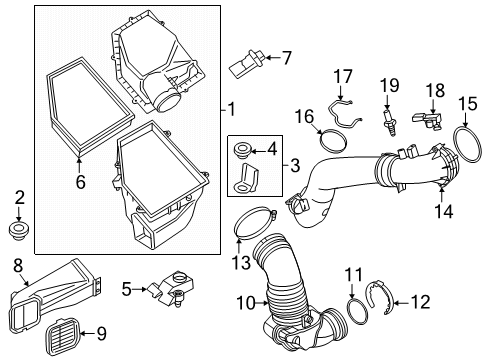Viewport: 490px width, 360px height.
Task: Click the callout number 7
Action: tap(287, 58)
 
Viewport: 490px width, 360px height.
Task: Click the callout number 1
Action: tap(231, 108)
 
